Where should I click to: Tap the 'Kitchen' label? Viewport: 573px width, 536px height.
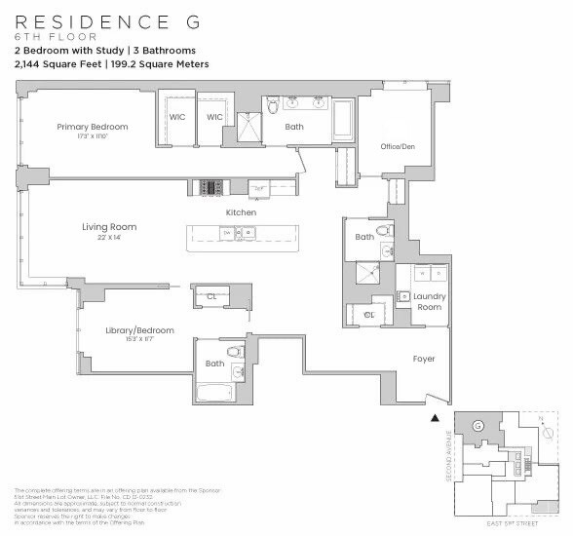[x=241, y=212]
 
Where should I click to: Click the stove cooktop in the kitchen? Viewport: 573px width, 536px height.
[x=210, y=187]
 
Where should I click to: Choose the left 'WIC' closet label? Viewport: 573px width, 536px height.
[x=177, y=117]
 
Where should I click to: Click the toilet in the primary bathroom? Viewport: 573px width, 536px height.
[x=274, y=103]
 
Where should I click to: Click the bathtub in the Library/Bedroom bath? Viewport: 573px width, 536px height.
[x=223, y=393]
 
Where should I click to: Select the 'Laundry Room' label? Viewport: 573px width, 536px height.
[x=429, y=301]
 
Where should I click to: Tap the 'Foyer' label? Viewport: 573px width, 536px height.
[x=424, y=359]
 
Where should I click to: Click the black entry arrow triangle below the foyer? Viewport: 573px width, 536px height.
[x=435, y=417]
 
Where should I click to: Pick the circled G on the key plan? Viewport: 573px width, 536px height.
[x=477, y=427]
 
